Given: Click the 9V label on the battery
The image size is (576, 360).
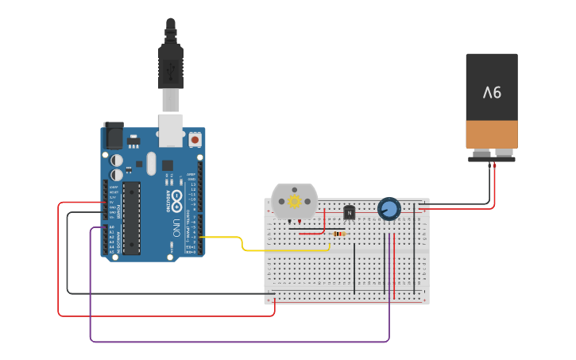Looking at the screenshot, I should pyautogui.click(x=492, y=92).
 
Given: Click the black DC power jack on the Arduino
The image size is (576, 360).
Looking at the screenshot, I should pyautogui.click(x=114, y=136).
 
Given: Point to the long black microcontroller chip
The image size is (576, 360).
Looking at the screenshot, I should pyautogui.click(x=132, y=218).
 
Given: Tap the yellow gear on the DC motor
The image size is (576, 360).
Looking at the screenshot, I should pyautogui.click(x=295, y=202).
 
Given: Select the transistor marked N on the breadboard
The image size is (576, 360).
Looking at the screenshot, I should pyautogui.click(x=349, y=212).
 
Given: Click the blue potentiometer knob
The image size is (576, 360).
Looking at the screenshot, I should pyautogui.click(x=389, y=209).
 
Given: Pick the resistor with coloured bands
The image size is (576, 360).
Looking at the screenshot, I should pyautogui.click(x=340, y=234).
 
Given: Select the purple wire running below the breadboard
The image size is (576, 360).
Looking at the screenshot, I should pyautogui.click(x=238, y=342).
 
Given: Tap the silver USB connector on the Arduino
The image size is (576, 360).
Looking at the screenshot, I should pyautogui.click(x=171, y=130).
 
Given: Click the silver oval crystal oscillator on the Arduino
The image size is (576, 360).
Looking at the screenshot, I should pyautogui.click(x=151, y=164).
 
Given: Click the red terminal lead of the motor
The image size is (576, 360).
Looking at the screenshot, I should pyautogui.click(x=300, y=223).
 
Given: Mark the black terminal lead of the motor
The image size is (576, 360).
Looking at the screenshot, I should pyautogui.click(x=289, y=223).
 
